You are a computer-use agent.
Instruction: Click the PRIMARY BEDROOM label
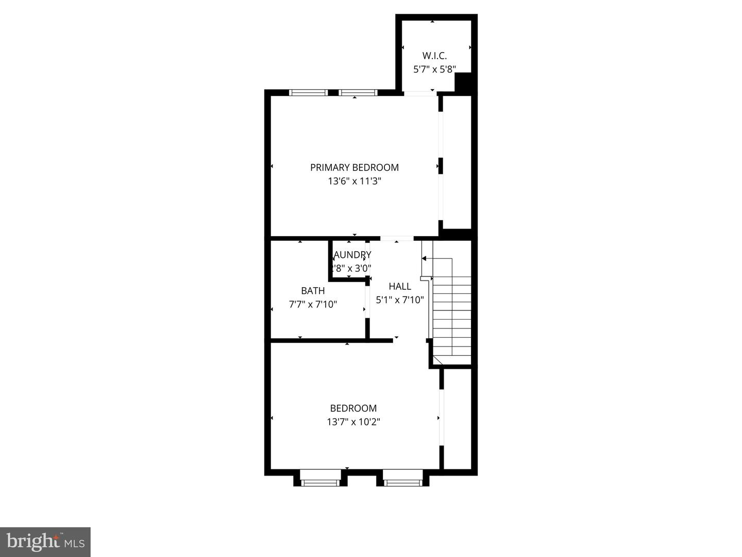(354, 167)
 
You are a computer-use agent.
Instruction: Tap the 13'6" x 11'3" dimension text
(354, 181)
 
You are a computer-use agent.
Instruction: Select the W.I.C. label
(434, 55)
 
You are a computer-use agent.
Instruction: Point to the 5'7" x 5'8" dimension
(434, 69)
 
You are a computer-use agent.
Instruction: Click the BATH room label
(313, 290)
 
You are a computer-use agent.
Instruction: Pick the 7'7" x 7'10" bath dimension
(313, 304)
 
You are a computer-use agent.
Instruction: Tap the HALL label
(400, 286)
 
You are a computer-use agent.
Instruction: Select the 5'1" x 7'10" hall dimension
(400, 300)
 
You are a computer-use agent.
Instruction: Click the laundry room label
(352, 255)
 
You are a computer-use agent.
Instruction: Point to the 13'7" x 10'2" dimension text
(353, 422)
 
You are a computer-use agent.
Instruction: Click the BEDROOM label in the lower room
(353, 408)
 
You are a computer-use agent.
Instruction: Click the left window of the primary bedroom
(308, 93)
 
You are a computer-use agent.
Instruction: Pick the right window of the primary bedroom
(358, 93)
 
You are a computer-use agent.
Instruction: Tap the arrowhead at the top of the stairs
(424, 258)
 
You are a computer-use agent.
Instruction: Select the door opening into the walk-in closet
(419, 93)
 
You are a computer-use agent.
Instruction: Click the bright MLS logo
(45, 542)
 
